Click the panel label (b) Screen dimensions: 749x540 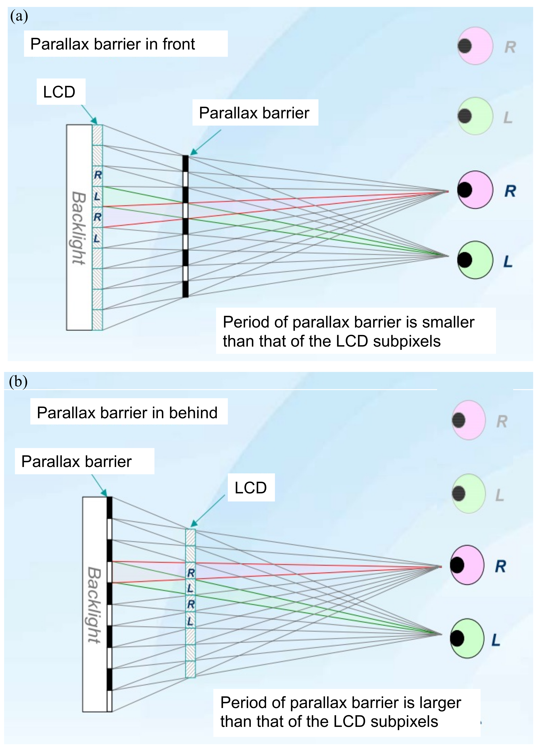pyautogui.click(x=18, y=382)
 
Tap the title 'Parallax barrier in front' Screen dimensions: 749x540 pyautogui.click(x=112, y=44)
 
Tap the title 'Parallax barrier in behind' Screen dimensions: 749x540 pyautogui.click(x=127, y=412)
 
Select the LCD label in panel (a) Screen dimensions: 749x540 pyautogui.click(x=59, y=92)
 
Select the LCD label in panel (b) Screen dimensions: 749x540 pyautogui.click(x=250, y=488)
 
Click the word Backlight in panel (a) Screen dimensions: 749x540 pyautogui.click(x=79, y=228)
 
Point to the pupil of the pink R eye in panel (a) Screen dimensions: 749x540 pyautogui.click(x=465, y=190)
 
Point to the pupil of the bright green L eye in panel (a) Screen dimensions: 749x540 pyautogui.click(x=465, y=260)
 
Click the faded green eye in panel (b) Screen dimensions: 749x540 pyautogui.click(x=468, y=493)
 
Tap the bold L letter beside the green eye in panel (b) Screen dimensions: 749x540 pyautogui.click(x=496, y=640)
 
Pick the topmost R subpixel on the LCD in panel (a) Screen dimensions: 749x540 pyautogui.click(x=98, y=175)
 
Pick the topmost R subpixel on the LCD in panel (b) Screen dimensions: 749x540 pyautogui.click(x=191, y=573)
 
